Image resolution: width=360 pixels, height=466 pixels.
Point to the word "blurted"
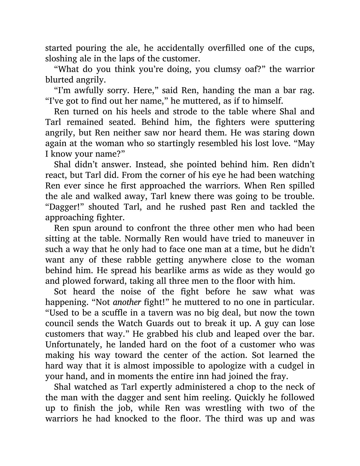pos(58,80)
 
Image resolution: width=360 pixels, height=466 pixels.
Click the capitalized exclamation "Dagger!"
pos(65,207)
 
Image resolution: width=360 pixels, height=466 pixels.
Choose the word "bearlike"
pos(159,270)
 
